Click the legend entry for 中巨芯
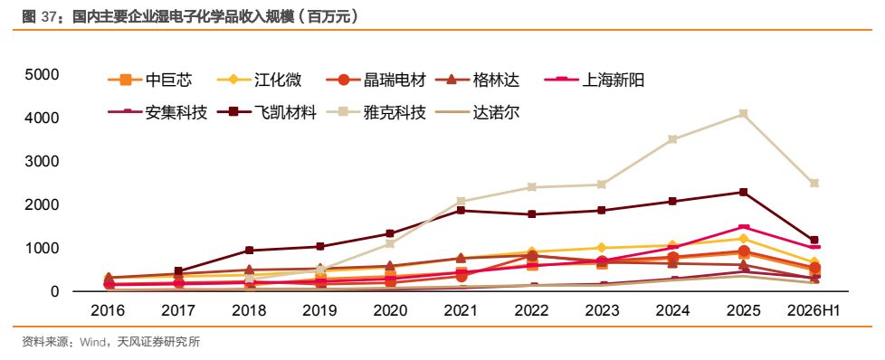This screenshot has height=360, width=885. click(149, 81)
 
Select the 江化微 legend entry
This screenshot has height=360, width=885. click(260, 81)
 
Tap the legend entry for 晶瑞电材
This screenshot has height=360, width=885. click(376, 81)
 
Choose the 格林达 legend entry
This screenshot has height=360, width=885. click(478, 81)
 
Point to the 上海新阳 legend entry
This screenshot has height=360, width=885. click(595, 81)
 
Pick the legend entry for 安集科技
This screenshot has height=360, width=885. click(157, 113)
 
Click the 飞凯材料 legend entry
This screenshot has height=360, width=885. click(267, 113)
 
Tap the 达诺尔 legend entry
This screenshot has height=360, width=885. click(478, 113)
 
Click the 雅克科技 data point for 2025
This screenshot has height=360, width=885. click(743, 113)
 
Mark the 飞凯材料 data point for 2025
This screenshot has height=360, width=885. click(743, 192)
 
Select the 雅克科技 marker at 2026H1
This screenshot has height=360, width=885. click(814, 183)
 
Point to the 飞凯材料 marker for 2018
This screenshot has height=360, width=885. click(249, 250)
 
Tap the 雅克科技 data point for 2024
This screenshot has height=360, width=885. click(672, 138)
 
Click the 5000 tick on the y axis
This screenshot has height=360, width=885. click(43, 74)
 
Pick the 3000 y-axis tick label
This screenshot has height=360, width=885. click(43, 161)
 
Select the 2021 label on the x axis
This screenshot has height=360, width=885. click(461, 310)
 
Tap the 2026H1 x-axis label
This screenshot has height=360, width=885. click(814, 310)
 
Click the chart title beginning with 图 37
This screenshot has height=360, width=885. click(191, 17)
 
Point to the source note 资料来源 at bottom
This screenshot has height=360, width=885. click(110, 342)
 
